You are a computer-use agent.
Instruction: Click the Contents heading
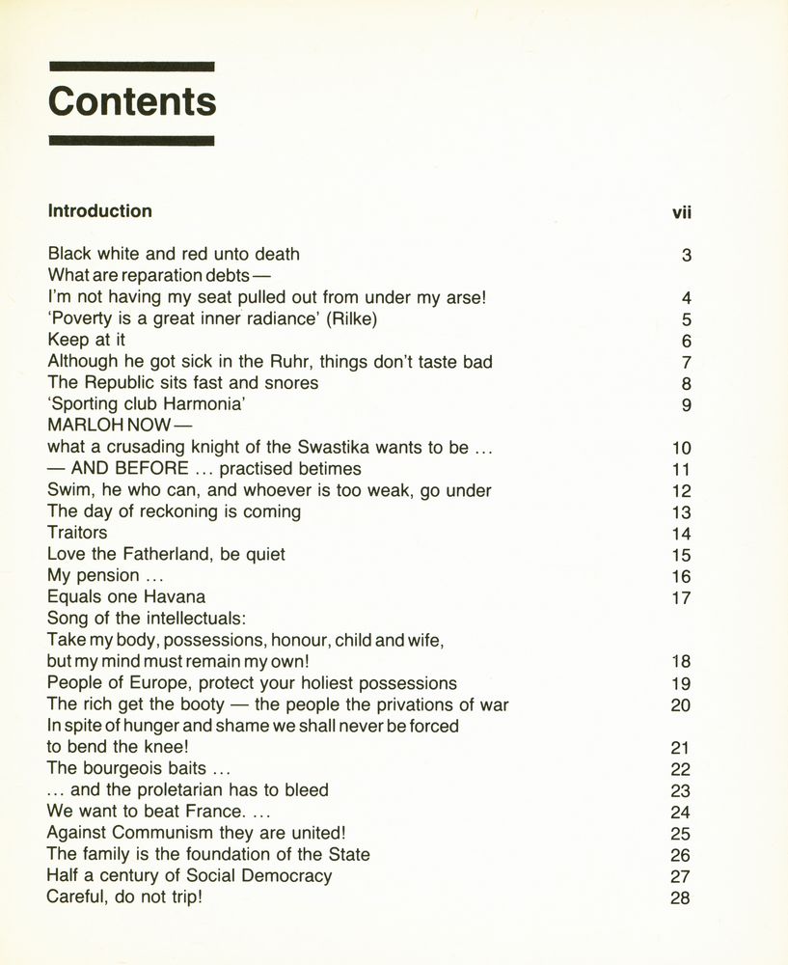[x=132, y=101]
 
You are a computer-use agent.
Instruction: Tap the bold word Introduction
[x=100, y=211]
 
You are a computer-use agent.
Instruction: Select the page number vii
[x=682, y=212]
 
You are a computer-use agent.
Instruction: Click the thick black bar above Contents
[x=132, y=67]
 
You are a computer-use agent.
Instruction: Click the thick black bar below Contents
[x=132, y=141]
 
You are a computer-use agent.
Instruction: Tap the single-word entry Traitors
[x=77, y=533]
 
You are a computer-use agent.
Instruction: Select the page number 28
[x=681, y=898]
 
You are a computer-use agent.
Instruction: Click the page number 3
[x=687, y=256]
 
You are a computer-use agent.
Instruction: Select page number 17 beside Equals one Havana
[x=681, y=598]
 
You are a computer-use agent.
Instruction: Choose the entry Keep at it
[x=87, y=341]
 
